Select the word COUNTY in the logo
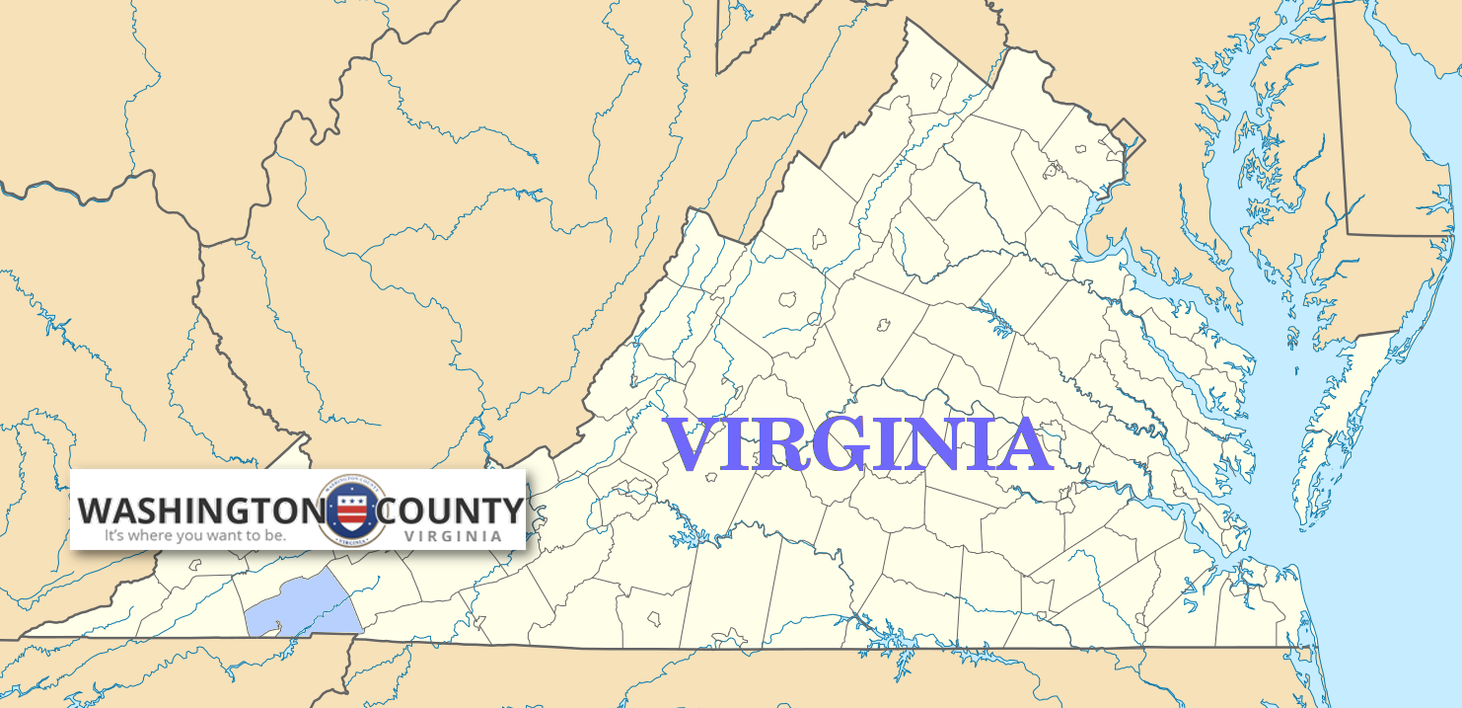click(450, 511)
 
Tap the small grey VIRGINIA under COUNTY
click(453, 535)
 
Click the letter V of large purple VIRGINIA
click(690, 445)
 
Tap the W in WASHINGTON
click(97, 511)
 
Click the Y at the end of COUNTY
click(511, 511)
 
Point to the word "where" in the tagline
click(154, 536)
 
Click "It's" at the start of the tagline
click(116, 536)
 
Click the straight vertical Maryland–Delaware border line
click(1341, 118)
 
